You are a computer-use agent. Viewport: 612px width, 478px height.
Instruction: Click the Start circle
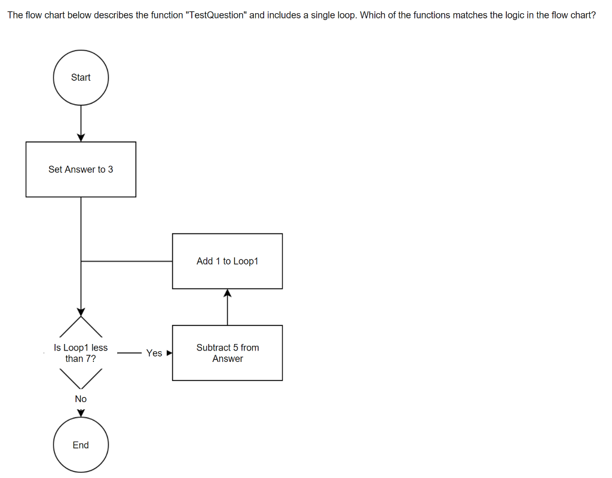tap(81, 77)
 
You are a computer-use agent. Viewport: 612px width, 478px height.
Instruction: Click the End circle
tap(81, 444)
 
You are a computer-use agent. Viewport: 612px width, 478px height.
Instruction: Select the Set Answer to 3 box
tap(81, 169)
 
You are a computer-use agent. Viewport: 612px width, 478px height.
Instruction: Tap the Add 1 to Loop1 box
tap(227, 261)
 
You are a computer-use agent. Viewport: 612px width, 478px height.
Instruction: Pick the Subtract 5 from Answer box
tap(227, 353)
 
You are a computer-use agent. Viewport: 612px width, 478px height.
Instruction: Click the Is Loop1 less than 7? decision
tap(81, 353)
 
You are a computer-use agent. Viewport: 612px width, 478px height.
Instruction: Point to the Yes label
tap(154, 353)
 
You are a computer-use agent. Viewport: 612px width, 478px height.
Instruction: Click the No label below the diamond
tap(81, 398)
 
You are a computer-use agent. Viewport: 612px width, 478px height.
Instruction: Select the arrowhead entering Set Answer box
tap(81, 138)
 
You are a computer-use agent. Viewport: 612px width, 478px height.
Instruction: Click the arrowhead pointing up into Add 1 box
tap(227, 293)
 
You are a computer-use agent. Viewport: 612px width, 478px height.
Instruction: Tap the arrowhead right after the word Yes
tap(169, 353)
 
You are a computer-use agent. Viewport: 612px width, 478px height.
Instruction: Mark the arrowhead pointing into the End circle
tap(81, 413)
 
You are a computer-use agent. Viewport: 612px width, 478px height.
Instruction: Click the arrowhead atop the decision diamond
tap(81, 312)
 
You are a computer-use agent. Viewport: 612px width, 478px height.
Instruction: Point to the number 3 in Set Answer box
tap(111, 169)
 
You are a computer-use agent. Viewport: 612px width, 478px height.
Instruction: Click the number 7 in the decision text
tap(90, 358)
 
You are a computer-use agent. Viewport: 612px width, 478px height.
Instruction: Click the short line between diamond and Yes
tap(128, 353)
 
